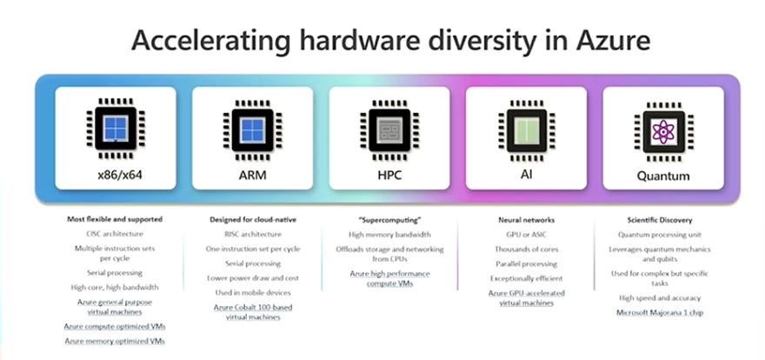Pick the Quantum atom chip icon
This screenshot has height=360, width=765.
662,130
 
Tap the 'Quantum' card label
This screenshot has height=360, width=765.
662,176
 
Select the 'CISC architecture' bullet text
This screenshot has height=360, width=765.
115,234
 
